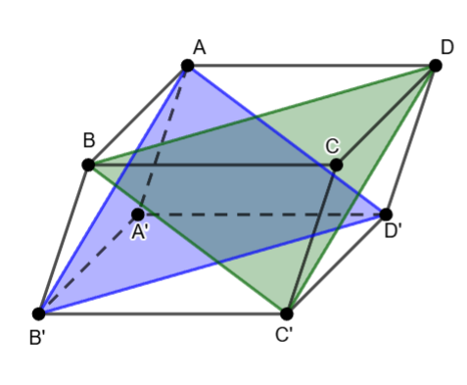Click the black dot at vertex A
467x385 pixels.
(188, 66)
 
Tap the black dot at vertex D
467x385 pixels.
(436, 66)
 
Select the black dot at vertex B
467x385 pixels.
(88, 165)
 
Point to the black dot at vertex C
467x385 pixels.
(336, 165)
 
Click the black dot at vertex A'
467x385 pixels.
(138, 215)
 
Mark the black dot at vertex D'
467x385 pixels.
(386, 215)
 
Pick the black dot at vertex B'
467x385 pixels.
(39, 313)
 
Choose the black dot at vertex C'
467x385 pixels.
(287, 313)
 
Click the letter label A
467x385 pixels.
(200, 47)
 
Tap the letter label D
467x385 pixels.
(447, 47)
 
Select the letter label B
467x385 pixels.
(89, 140)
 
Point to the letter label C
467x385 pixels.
(332, 146)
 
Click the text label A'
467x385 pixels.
(140, 233)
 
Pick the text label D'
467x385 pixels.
(393, 231)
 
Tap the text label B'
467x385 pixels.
(37, 338)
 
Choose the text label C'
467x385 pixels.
(284, 335)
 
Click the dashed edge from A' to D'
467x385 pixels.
(261, 215)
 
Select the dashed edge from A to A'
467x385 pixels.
(163, 140)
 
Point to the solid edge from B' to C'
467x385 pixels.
(163, 313)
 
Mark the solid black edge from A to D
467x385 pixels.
(311, 66)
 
